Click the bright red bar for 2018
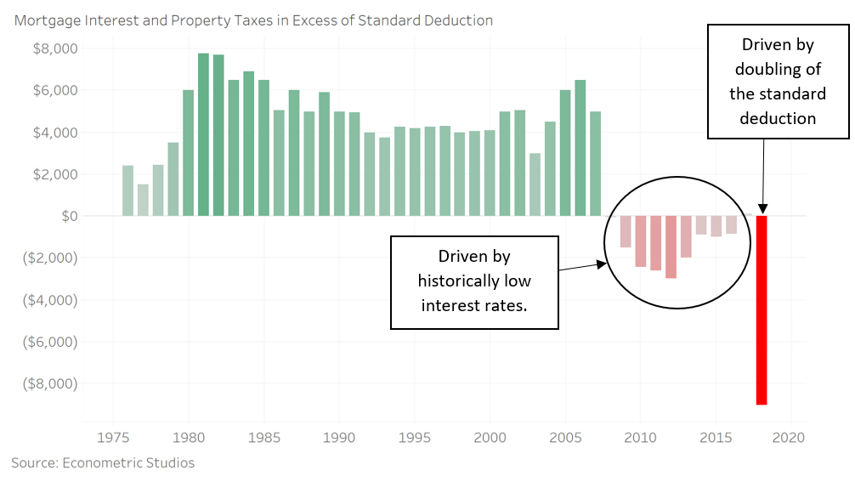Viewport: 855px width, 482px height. coord(762,310)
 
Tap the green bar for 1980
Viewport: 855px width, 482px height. coord(188,153)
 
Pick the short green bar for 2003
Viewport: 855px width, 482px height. coord(535,184)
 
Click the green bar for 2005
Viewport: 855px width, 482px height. coord(565,153)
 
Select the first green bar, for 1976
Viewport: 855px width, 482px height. coord(127,190)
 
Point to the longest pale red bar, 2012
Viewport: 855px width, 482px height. coord(671,247)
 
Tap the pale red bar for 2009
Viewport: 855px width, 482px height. coord(626,232)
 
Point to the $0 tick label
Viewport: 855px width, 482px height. coord(67,216)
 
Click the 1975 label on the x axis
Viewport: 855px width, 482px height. coord(113,438)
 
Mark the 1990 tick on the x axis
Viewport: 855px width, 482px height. coord(339,438)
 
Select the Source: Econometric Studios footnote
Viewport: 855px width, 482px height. coord(103,462)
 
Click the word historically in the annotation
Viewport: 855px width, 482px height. coord(473,281)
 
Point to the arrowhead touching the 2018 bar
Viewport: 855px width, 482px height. coord(762,208)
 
